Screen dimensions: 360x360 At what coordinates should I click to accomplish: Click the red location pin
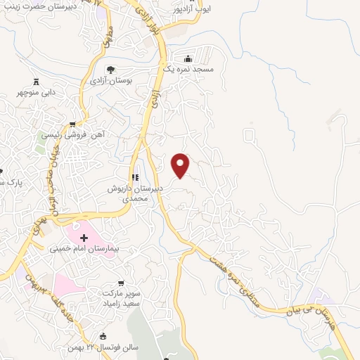(181, 166)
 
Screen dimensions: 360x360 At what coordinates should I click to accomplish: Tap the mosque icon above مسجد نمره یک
(187, 59)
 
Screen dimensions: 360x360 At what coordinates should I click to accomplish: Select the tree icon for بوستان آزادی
(110, 69)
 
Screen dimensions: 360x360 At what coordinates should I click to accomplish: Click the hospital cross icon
(84, 238)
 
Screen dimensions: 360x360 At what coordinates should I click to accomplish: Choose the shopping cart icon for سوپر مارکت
(120, 283)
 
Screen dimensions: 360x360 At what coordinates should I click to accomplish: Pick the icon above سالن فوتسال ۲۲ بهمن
(103, 336)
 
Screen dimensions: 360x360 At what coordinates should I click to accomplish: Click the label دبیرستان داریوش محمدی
(134, 194)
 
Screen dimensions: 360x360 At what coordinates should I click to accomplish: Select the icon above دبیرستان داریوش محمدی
(134, 178)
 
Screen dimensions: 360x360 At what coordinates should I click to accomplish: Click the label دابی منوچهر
(41, 91)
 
